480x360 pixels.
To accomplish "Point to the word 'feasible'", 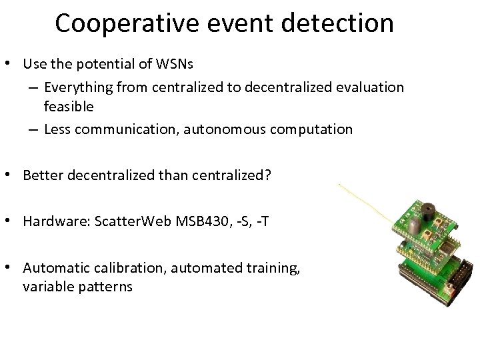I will coord(69,106).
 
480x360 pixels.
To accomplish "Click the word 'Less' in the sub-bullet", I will coord(57,129).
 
